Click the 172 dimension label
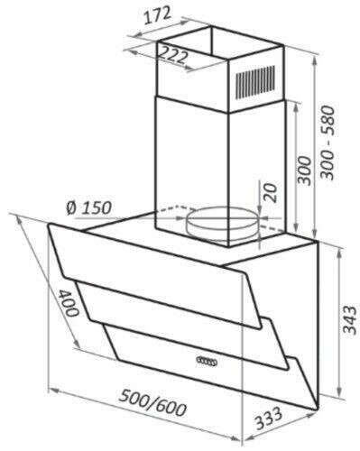coord(157,16)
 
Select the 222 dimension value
coord(172,55)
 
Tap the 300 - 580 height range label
coord(328,143)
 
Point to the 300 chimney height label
coord(303,170)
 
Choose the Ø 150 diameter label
coord(89,207)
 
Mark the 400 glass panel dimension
coord(69,303)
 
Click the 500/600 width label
coord(152,404)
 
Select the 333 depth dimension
coord(269,419)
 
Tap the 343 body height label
coord(350,319)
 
